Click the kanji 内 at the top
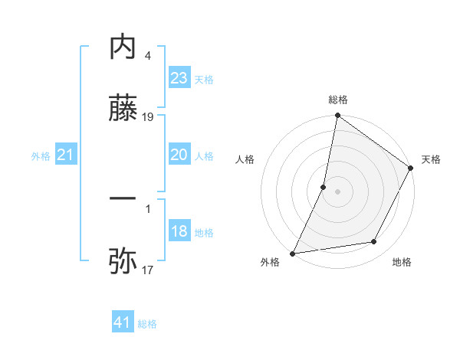click(x=123, y=47)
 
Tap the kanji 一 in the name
click(x=123, y=198)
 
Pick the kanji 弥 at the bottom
click(x=123, y=261)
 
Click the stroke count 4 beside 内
click(x=148, y=56)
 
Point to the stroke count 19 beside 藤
click(x=149, y=117)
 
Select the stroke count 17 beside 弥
click(x=148, y=270)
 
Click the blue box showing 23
click(x=179, y=78)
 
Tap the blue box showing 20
click(x=179, y=155)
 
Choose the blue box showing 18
click(x=179, y=231)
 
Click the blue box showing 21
click(x=66, y=155)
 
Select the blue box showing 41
click(x=123, y=322)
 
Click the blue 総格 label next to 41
click(x=147, y=324)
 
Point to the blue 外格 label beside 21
click(x=41, y=156)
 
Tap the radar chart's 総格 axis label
click(x=338, y=100)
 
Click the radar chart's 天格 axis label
click(x=432, y=159)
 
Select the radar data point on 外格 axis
click(x=293, y=254)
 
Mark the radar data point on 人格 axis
click(x=324, y=187)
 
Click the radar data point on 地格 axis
click(x=374, y=242)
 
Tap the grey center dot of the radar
click(x=338, y=191)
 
